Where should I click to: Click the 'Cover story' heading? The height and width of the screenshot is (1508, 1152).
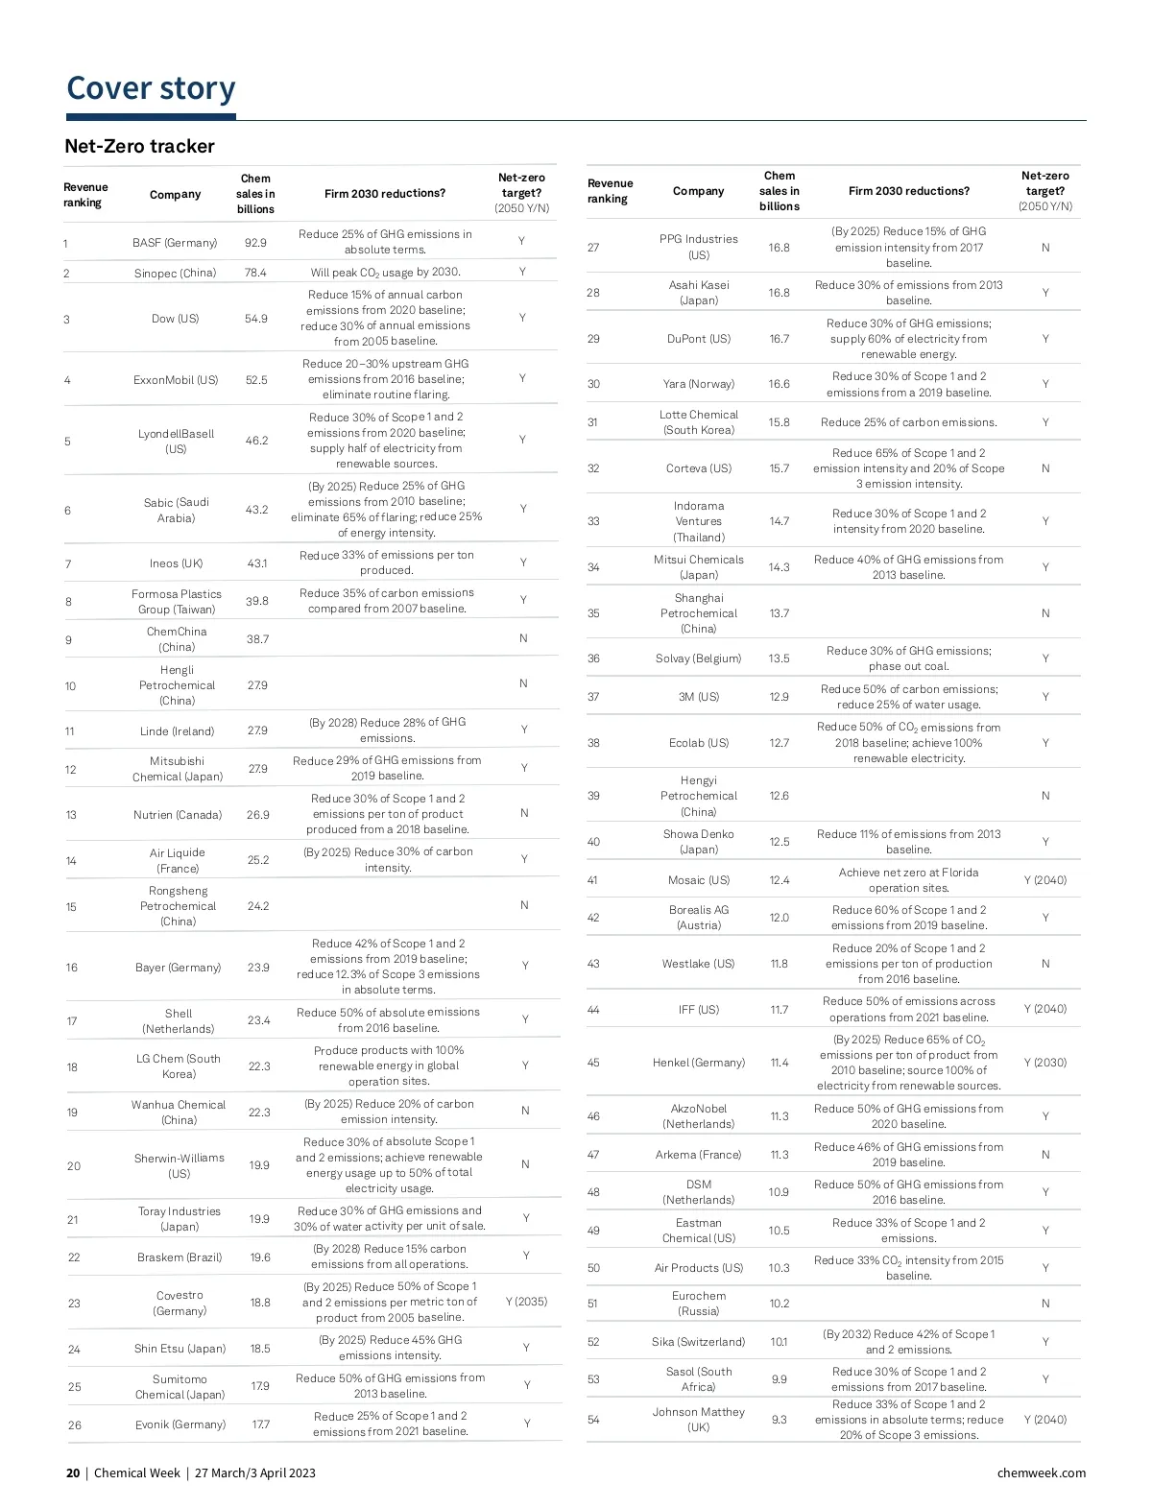click(x=151, y=88)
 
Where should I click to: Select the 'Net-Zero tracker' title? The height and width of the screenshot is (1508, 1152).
click(x=139, y=146)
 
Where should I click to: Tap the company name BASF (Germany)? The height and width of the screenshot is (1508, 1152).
click(x=175, y=243)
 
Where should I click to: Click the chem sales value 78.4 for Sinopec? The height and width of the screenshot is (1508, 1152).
click(x=255, y=273)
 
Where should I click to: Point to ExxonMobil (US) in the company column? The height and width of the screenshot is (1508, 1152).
click(x=176, y=380)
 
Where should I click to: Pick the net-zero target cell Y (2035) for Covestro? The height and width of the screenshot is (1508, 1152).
click(x=526, y=1302)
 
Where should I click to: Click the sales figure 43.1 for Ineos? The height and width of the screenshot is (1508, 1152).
click(x=257, y=563)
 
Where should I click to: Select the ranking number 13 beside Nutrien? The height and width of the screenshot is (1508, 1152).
click(x=71, y=815)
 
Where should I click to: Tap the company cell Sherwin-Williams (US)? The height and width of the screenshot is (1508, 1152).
click(x=179, y=1165)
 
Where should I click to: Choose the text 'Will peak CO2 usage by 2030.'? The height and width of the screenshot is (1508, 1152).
click(x=386, y=273)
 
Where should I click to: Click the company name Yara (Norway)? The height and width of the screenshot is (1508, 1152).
click(x=698, y=384)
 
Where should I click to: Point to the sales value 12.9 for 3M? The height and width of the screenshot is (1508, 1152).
click(x=779, y=697)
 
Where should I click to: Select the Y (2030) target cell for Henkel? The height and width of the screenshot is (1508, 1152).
click(x=1045, y=1063)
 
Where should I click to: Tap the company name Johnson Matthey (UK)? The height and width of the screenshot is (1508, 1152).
click(x=698, y=1419)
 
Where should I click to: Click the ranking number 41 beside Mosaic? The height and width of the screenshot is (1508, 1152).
click(x=592, y=880)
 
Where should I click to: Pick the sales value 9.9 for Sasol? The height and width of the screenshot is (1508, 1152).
click(x=779, y=1379)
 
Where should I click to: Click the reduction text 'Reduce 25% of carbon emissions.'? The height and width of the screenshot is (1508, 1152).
click(x=908, y=422)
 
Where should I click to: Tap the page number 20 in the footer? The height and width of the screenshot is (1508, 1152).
click(x=73, y=1472)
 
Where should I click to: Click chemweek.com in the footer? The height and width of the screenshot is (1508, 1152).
click(x=1041, y=1472)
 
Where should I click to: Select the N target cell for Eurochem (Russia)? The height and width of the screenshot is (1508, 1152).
click(x=1045, y=1304)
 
